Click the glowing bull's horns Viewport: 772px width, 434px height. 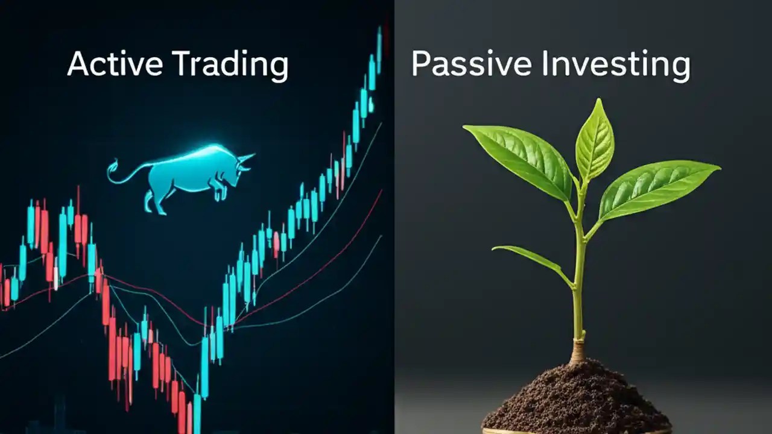pyautogui.click(x=245, y=158)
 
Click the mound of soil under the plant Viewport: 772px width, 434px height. pyautogui.click(x=576, y=398)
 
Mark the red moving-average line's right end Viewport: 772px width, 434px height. pyautogui.click(x=381, y=191)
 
